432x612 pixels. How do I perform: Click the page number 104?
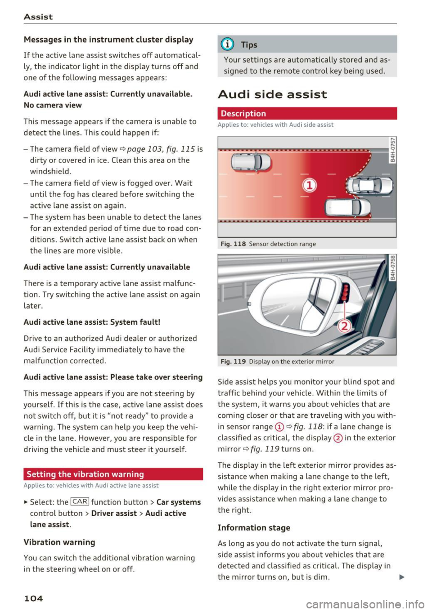pos(33,598)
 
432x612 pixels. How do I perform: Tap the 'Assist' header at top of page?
pos(38,17)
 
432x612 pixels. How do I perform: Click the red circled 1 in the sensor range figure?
pos(310,185)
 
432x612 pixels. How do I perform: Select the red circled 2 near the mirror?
pos(344,326)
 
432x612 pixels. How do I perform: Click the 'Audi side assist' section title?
pos(272,94)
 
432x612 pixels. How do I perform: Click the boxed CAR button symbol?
pos(80,502)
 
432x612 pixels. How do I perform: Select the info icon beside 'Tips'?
pos(229,45)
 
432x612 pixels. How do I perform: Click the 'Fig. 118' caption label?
pos(233,244)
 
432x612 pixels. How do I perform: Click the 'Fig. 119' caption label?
pos(233,362)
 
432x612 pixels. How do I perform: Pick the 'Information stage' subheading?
pos(254,527)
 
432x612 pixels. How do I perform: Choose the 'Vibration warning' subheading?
pos(59,542)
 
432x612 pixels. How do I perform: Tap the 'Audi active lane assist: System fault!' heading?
pos(92,322)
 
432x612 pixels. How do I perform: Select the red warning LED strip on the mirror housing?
pos(346,292)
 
